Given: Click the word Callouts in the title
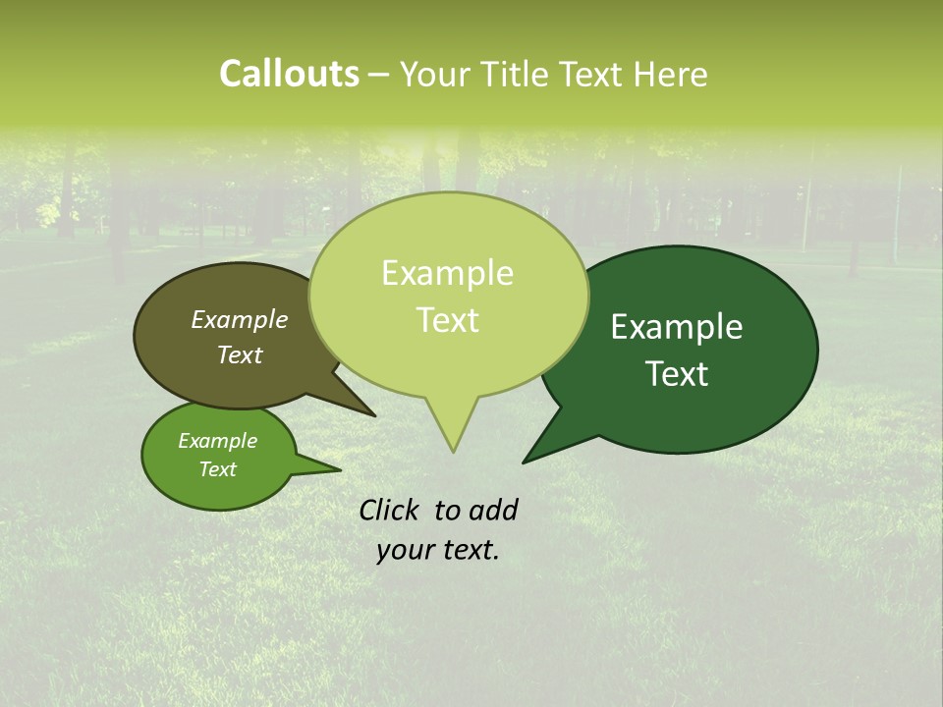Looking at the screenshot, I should [289, 74].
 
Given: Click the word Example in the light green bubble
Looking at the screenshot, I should [447, 273].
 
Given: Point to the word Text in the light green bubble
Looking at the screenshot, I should [447, 320].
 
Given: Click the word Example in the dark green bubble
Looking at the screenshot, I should [677, 327].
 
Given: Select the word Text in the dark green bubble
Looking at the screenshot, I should [677, 374].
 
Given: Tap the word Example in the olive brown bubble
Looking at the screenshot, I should [240, 319].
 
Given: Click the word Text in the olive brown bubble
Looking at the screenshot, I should [240, 354].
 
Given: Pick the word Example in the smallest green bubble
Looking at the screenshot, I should [217, 441].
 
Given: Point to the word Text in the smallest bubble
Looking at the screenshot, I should [217, 469].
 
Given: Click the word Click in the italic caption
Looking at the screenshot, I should [390, 510].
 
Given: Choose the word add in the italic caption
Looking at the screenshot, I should [493, 510].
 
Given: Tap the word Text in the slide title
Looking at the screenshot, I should [590, 74].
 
